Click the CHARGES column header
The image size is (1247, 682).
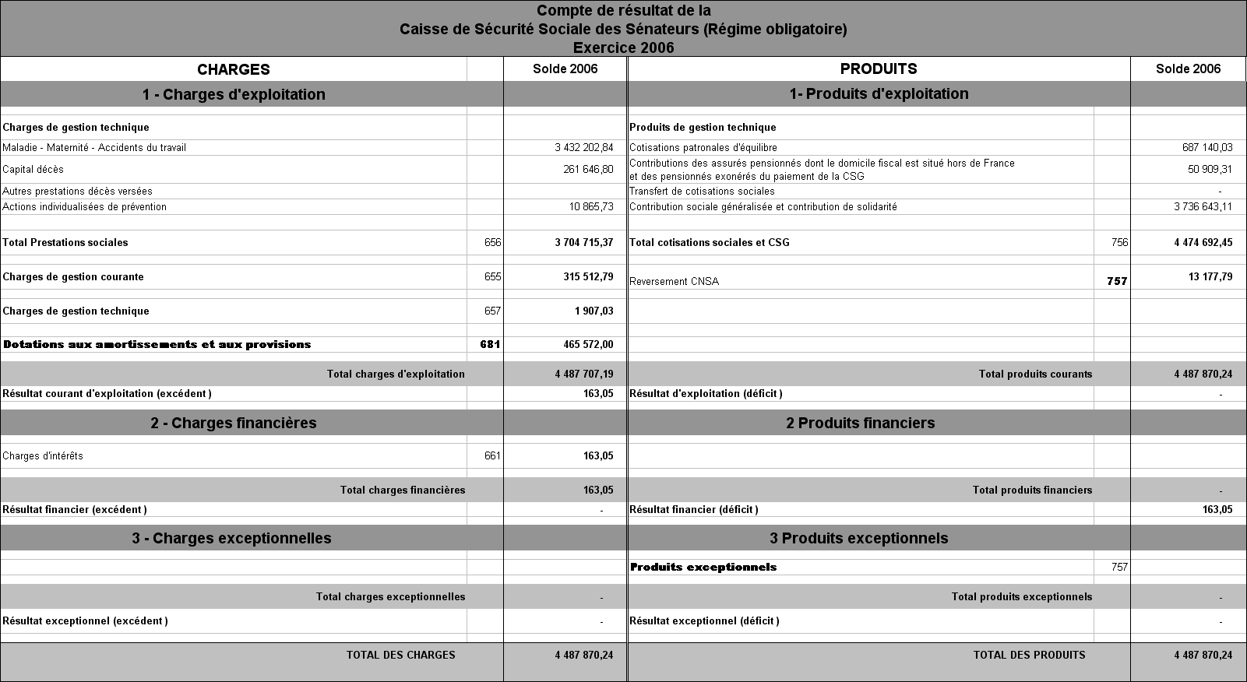[x=234, y=69]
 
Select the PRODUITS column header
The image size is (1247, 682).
[x=879, y=69]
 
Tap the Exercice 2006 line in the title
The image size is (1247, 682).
[x=623, y=47]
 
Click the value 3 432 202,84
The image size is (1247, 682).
[x=584, y=148]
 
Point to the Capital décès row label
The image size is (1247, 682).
[x=33, y=170]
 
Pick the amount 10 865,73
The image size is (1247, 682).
[x=591, y=207]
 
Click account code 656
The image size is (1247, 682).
[x=492, y=243]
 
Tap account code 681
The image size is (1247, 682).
[x=490, y=345]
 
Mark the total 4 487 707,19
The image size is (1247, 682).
[x=584, y=374]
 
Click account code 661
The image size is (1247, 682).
[x=492, y=456]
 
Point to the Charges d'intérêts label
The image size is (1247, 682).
[x=43, y=456]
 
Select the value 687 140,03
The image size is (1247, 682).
[x=1207, y=148]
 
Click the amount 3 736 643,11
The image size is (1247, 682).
[x=1203, y=207]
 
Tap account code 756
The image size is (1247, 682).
[x=1119, y=243]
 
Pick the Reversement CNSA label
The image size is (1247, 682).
[x=674, y=282]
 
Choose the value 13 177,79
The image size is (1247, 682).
[x=1210, y=277]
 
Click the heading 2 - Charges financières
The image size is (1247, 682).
[x=234, y=424]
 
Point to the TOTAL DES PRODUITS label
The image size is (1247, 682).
[x=1029, y=656]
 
